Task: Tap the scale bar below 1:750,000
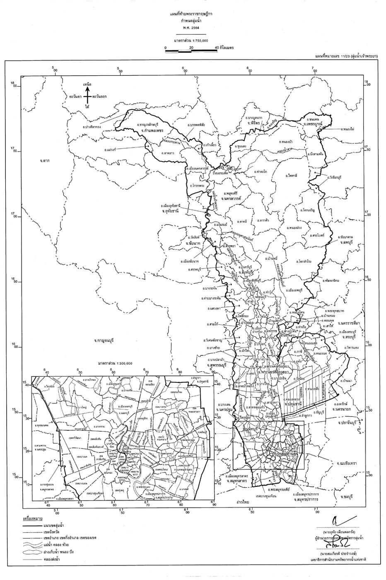click(x=191, y=50)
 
